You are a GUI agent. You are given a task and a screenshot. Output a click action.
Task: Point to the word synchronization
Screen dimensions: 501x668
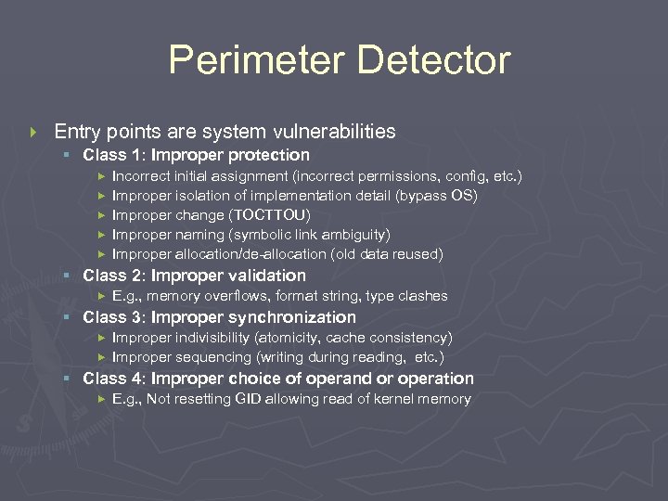click(x=297, y=317)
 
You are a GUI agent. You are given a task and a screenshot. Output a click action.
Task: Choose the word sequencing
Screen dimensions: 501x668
click(x=203, y=357)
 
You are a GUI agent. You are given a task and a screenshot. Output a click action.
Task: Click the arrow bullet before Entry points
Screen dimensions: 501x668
click(x=34, y=132)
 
